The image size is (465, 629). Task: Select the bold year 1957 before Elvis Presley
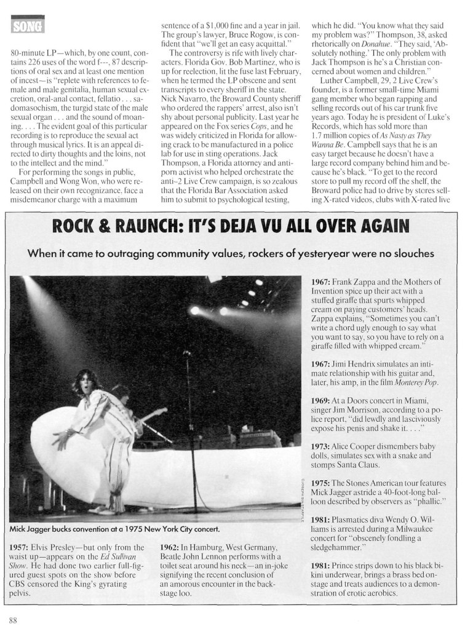22,547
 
